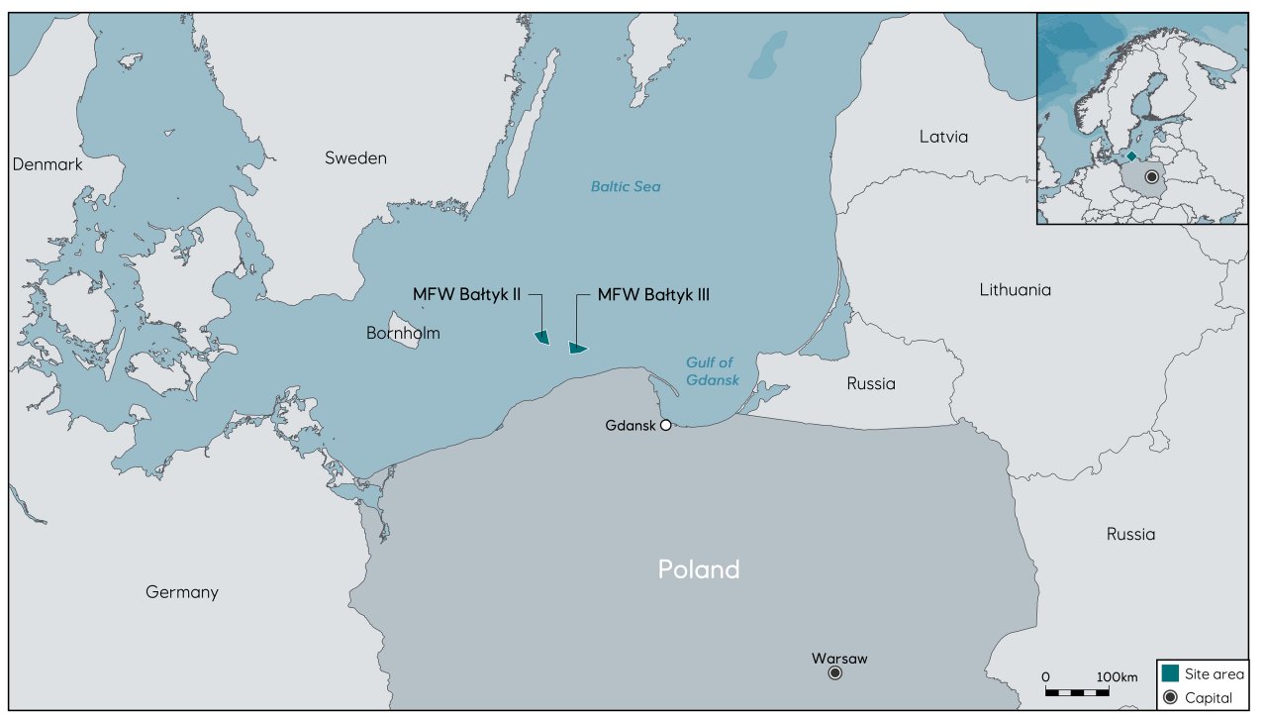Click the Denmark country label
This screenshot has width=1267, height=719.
(48, 164)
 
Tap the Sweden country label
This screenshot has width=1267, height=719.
(355, 158)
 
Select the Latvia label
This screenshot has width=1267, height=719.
(942, 137)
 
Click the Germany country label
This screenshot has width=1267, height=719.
(181, 592)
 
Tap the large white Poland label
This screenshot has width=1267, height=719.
(699, 569)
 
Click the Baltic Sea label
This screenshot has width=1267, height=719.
(625, 186)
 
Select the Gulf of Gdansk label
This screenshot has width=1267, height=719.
(712, 371)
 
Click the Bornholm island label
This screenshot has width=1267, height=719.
(403, 334)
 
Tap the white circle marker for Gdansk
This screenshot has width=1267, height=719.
(666, 425)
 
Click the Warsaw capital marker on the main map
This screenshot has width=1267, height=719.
(834, 672)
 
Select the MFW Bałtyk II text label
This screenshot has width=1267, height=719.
(466, 294)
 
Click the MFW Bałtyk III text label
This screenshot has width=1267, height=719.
(653, 294)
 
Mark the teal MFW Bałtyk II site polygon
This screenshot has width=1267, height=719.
(541, 338)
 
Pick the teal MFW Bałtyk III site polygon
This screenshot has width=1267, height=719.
(577, 348)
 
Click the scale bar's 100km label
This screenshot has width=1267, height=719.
(1118, 676)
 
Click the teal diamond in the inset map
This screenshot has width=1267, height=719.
(1131, 156)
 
